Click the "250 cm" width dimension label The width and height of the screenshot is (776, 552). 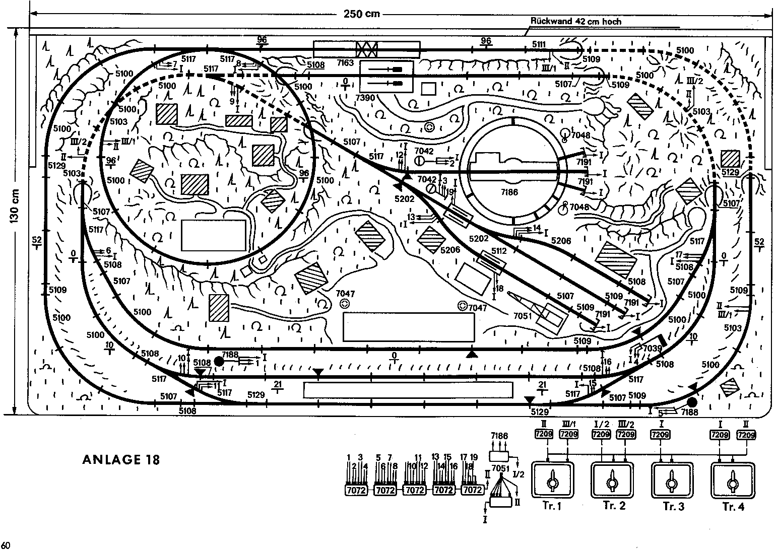(362, 14)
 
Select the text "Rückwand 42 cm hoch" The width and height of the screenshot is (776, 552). (576, 22)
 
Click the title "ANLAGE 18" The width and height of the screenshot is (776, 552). (121, 459)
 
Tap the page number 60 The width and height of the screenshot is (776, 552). (6, 545)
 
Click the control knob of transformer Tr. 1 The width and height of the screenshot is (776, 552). (553, 482)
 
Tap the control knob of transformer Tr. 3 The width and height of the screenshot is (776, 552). (672, 482)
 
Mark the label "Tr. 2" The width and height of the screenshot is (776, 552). (613, 506)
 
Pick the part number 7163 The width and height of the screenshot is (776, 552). (346, 62)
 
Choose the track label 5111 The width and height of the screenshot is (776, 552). (539, 45)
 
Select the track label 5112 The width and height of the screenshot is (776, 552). (499, 250)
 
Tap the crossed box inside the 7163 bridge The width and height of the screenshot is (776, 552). (367, 49)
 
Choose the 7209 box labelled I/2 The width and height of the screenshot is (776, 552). (601, 434)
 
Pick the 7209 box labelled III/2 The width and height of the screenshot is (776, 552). (625, 434)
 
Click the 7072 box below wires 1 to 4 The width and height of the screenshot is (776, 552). (356, 490)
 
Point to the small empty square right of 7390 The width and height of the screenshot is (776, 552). (428, 89)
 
